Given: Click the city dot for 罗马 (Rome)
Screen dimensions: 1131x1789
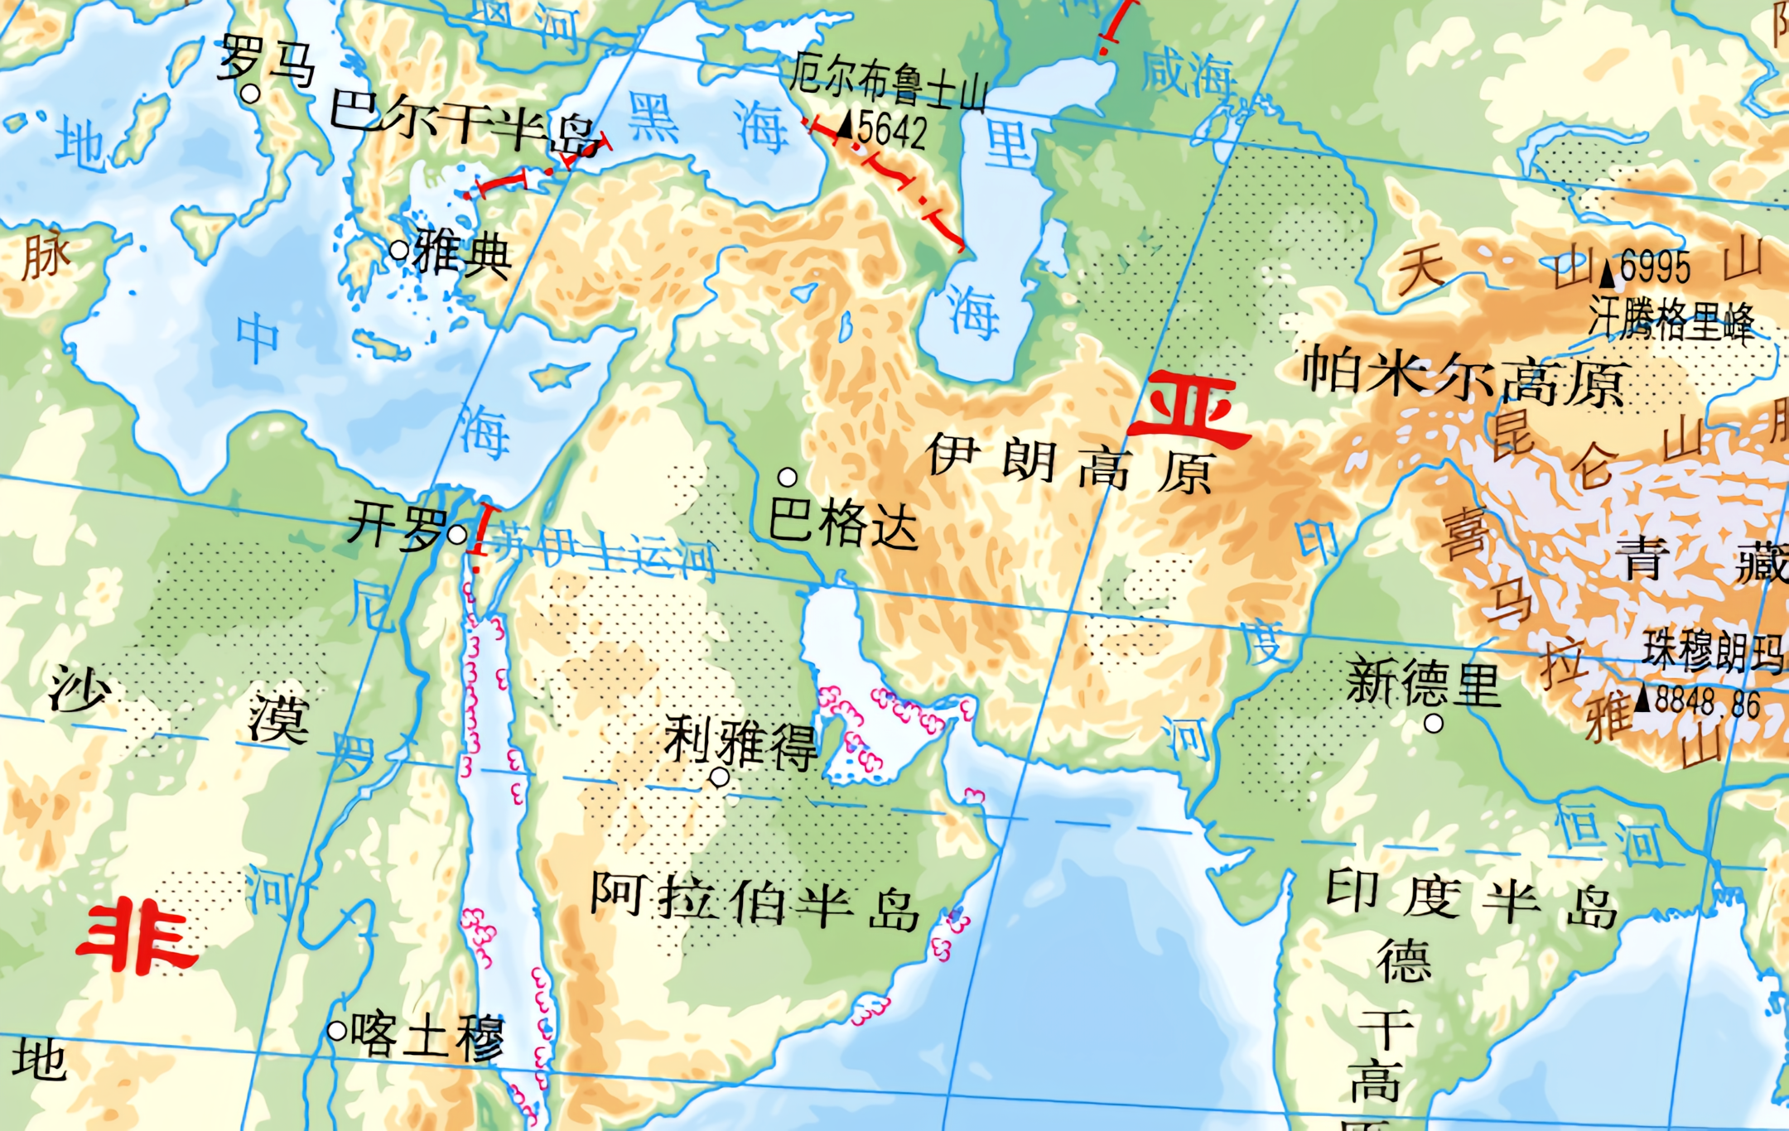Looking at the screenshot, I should (250, 94).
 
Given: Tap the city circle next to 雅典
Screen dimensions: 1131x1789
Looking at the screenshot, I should (399, 249).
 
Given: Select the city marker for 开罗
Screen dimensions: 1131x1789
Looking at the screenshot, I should (456, 534).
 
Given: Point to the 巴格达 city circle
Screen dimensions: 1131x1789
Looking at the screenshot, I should (788, 477).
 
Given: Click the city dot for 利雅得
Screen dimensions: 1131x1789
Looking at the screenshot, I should (720, 777).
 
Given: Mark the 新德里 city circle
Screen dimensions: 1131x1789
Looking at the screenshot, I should (1434, 724).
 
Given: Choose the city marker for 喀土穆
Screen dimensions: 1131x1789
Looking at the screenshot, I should (336, 1031).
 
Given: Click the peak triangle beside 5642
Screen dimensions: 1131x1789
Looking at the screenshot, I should (845, 127).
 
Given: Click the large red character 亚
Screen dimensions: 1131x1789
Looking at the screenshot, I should (1190, 408).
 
